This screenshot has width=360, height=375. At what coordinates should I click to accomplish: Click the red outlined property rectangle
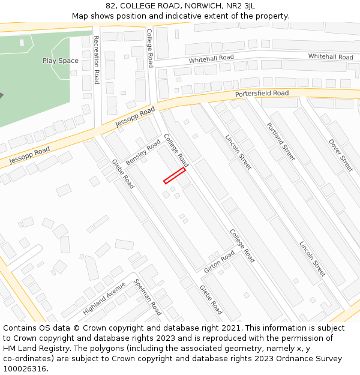(x=175, y=175)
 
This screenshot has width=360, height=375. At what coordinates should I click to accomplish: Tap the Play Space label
(x=61, y=61)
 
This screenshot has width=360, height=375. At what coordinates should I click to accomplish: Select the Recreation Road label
(x=96, y=59)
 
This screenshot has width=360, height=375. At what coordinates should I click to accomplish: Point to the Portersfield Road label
(x=262, y=94)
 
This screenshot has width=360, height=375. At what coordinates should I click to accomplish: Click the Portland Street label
(x=281, y=142)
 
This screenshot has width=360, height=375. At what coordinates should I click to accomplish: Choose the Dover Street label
(x=340, y=155)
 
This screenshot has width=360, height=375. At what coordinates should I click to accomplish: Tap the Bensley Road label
(x=143, y=154)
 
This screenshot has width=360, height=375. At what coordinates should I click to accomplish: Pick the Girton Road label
(x=219, y=262)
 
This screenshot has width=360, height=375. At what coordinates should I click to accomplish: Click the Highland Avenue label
(x=104, y=298)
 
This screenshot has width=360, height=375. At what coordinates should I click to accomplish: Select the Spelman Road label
(x=148, y=297)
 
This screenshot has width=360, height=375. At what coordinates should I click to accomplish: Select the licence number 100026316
(x=26, y=369)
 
